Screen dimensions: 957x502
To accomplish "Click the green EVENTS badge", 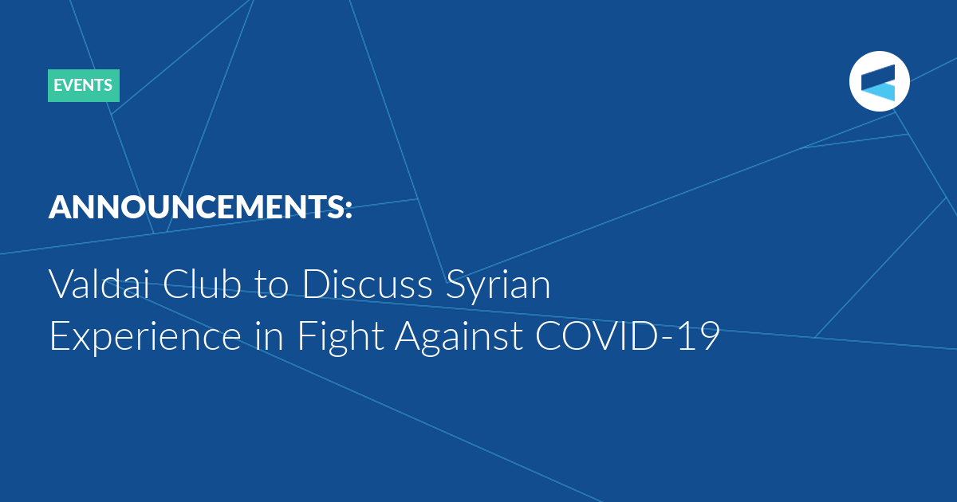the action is tap(83, 85).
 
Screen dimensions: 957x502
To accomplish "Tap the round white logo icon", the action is tap(879, 81).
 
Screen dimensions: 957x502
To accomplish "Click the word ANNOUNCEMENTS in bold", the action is tap(195, 207).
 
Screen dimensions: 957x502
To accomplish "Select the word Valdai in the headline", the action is tap(100, 284).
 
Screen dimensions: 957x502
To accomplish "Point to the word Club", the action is tap(202, 284).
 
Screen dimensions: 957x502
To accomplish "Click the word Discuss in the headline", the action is tap(368, 284).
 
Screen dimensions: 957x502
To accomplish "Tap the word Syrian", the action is tap(498, 287).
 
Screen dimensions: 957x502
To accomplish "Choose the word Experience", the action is tap(146, 338).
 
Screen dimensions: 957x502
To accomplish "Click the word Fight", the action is tap(341, 338).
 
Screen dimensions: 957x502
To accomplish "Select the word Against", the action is tap(459, 338).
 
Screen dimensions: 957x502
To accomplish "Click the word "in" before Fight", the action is tap(270, 336).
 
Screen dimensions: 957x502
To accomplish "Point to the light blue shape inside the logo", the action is tap(878, 92).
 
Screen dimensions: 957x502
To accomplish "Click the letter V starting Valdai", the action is tap(63, 284).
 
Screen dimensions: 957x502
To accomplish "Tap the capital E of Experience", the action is tap(60, 336).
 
